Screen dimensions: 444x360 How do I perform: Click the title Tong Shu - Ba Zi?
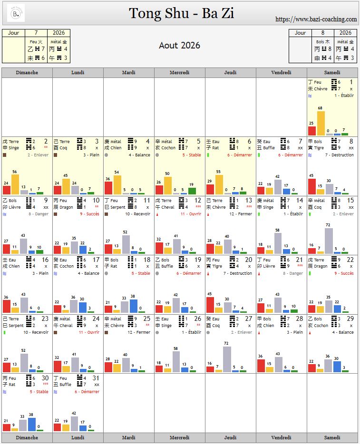pyautogui.click(x=181, y=13)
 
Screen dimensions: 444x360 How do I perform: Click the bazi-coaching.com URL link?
pyautogui.click(x=316, y=19)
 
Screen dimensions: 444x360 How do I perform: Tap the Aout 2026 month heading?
pyautogui.click(x=179, y=46)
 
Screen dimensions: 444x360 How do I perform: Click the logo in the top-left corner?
pyautogui.click(x=16, y=13)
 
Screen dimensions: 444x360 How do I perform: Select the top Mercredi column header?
pyautogui.click(x=179, y=73)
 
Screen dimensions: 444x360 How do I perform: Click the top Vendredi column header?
pyautogui.click(x=281, y=73)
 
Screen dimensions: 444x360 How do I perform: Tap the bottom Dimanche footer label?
pyautogui.click(x=27, y=437)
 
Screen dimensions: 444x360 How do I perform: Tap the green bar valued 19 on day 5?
pyautogui.click(x=192, y=191)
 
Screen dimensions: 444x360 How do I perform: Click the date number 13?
pyautogui.click(x=248, y=201)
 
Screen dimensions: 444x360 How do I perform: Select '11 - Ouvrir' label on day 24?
pyautogui.click(x=89, y=332)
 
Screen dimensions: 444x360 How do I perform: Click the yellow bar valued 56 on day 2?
pyautogui.click(x=15, y=184)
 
